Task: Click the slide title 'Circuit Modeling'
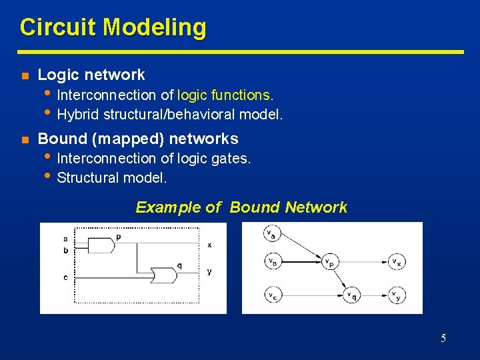(x=113, y=28)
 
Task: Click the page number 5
(x=443, y=338)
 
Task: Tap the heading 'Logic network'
(x=91, y=75)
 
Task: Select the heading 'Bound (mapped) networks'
(x=138, y=139)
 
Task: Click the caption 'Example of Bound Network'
(x=241, y=207)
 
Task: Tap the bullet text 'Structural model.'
(x=112, y=178)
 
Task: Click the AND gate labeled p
(x=101, y=245)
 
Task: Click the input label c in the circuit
(x=65, y=277)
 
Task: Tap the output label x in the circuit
(x=209, y=245)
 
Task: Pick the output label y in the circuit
(x=209, y=272)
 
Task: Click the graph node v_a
(x=271, y=234)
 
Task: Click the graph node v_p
(x=329, y=263)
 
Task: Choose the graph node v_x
(x=395, y=263)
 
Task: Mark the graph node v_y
(x=395, y=295)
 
